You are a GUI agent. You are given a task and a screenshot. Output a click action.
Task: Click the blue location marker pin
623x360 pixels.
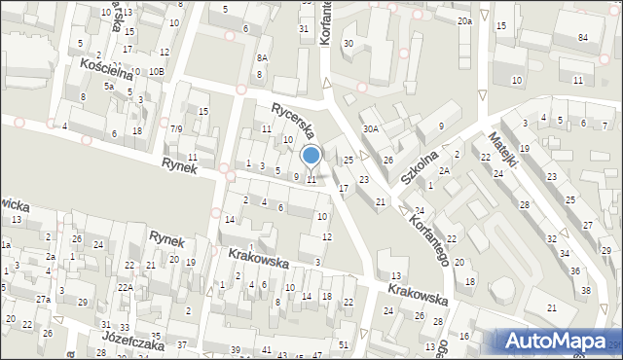click(x=311, y=156)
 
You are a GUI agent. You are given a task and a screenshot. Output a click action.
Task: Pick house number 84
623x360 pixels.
click(x=583, y=37)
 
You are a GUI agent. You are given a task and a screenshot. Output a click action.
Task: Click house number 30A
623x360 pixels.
click(x=371, y=128)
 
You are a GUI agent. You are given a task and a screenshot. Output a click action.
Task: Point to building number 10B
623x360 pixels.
click(x=157, y=72)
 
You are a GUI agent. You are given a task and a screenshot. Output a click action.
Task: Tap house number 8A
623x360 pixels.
click(x=261, y=58)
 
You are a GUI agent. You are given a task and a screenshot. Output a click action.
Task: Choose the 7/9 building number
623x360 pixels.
click(x=176, y=128)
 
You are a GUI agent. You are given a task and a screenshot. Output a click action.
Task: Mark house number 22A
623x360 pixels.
click(x=127, y=287)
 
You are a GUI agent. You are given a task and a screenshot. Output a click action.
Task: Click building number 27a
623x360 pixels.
click(x=43, y=299)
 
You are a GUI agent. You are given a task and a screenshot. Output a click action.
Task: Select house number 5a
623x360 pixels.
click(x=110, y=87)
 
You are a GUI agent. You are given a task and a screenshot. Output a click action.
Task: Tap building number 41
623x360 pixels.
click(x=267, y=349)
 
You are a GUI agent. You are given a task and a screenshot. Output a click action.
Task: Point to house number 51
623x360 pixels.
click(x=342, y=345)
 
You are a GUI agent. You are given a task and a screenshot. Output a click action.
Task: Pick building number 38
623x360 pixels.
click(x=585, y=290)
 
